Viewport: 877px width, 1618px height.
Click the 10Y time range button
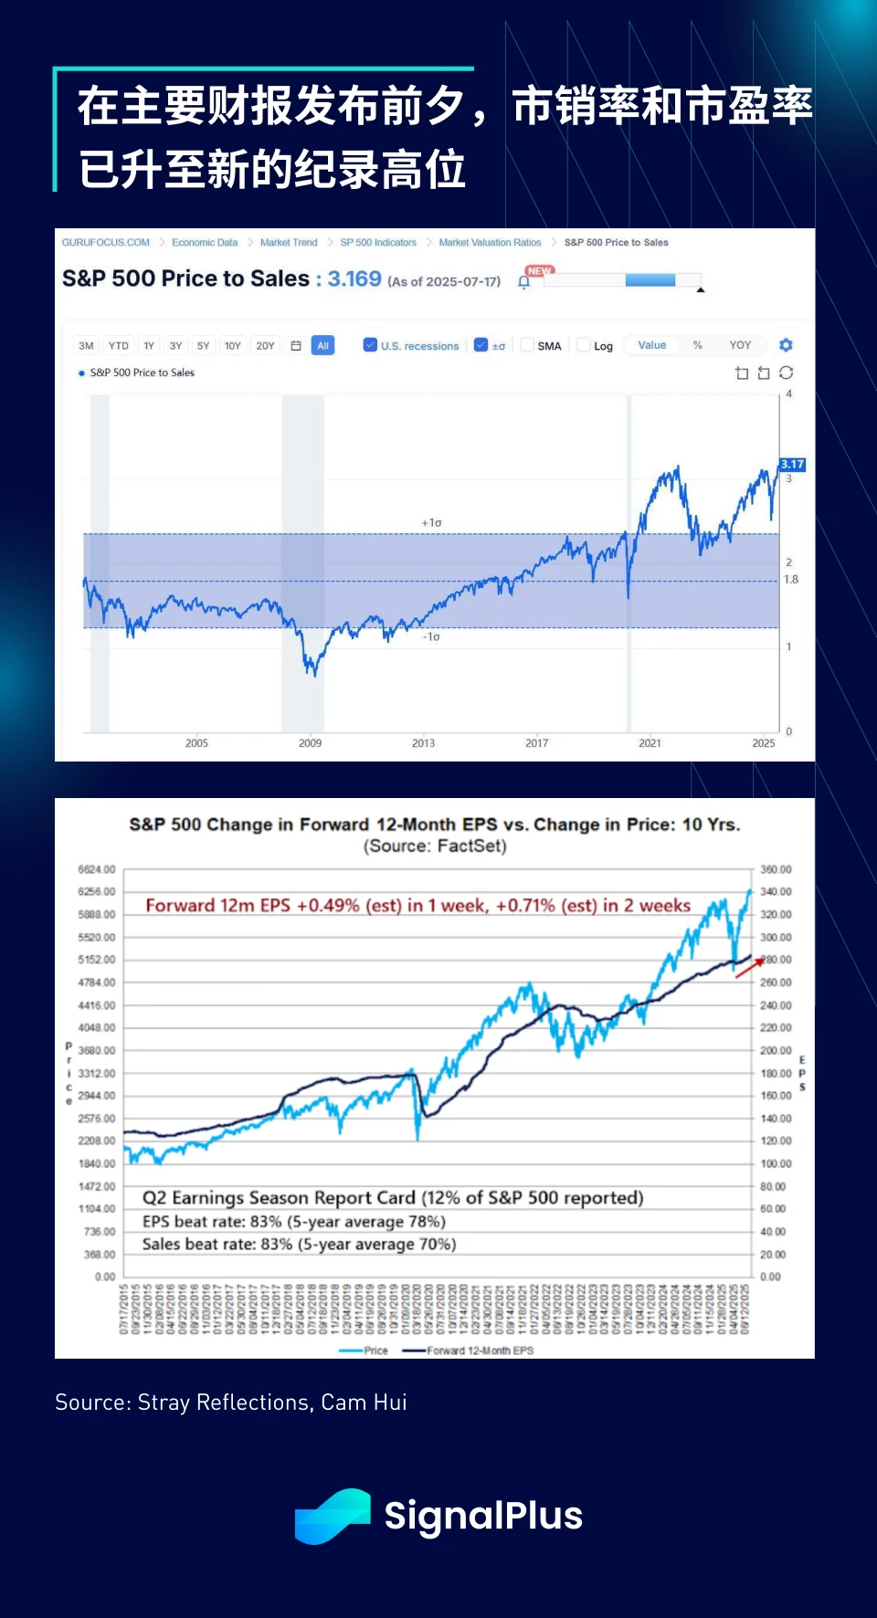[233, 346]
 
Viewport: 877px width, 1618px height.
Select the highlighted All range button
[322, 346]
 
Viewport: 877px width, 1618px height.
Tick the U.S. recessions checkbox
[370, 345]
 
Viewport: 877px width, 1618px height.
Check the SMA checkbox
[527, 345]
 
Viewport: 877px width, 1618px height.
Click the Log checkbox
[584, 345]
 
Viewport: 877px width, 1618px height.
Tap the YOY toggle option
[740, 345]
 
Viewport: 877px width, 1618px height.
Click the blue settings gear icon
[786, 345]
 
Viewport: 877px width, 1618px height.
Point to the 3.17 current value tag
[792, 465]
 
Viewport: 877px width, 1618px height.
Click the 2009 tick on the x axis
[310, 743]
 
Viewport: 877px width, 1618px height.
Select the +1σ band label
[431, 523]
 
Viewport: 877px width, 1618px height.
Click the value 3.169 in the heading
[354, 278]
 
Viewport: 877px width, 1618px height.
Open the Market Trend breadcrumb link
[289, 243]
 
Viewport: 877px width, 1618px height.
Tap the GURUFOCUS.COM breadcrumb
[106, 243]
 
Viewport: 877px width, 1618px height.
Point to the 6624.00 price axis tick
[97, 869]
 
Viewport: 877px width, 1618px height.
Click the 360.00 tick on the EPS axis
[776, 869]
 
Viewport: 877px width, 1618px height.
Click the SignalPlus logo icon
[333, 1516]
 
